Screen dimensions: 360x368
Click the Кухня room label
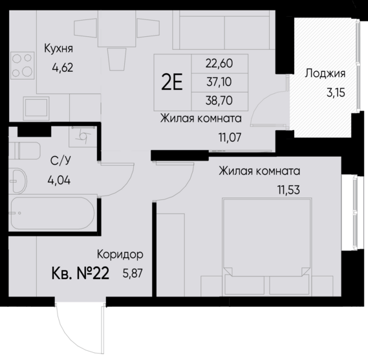click(x=58, y=48)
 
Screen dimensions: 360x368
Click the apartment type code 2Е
click(x=171, y=82)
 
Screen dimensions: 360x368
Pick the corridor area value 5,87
click(x=132, y=273)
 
